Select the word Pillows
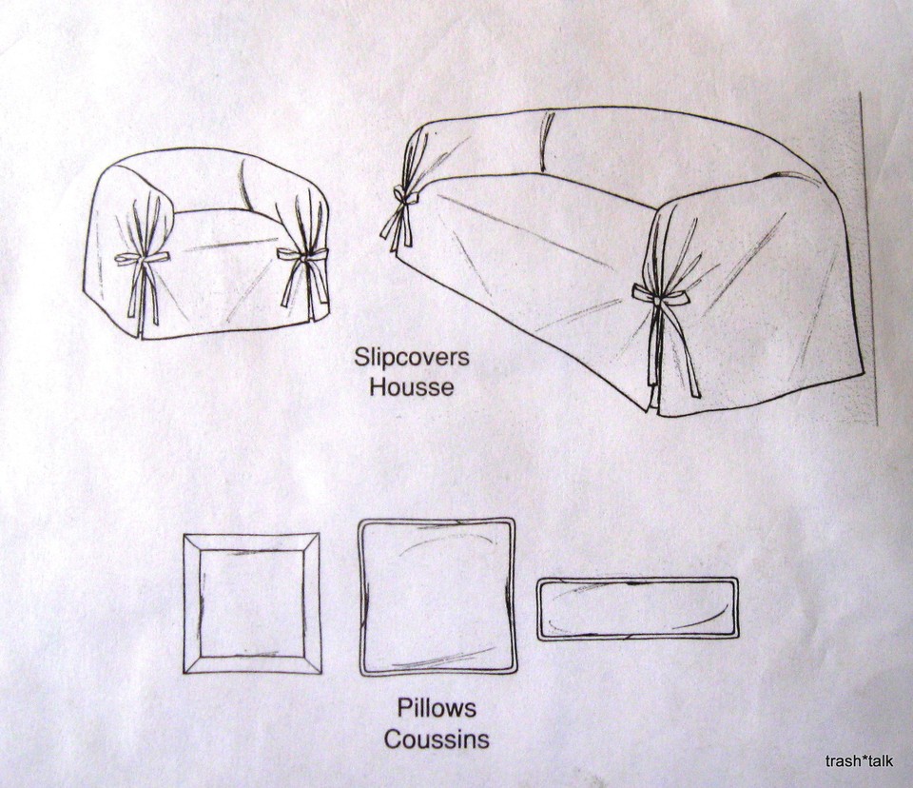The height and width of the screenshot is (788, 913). (x=437, y=709)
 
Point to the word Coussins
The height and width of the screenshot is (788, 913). (x=437, y=739)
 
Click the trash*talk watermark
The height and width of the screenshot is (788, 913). (x=859, y=760)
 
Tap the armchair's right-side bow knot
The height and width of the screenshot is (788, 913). (x=303, y=254)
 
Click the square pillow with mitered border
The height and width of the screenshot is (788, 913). (x=252, y=602)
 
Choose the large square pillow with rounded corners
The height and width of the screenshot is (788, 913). (x=437, y=597)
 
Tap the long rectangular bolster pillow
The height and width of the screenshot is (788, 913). (x=638, y=608)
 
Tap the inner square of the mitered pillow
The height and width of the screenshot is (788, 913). (x=252, y=602)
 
